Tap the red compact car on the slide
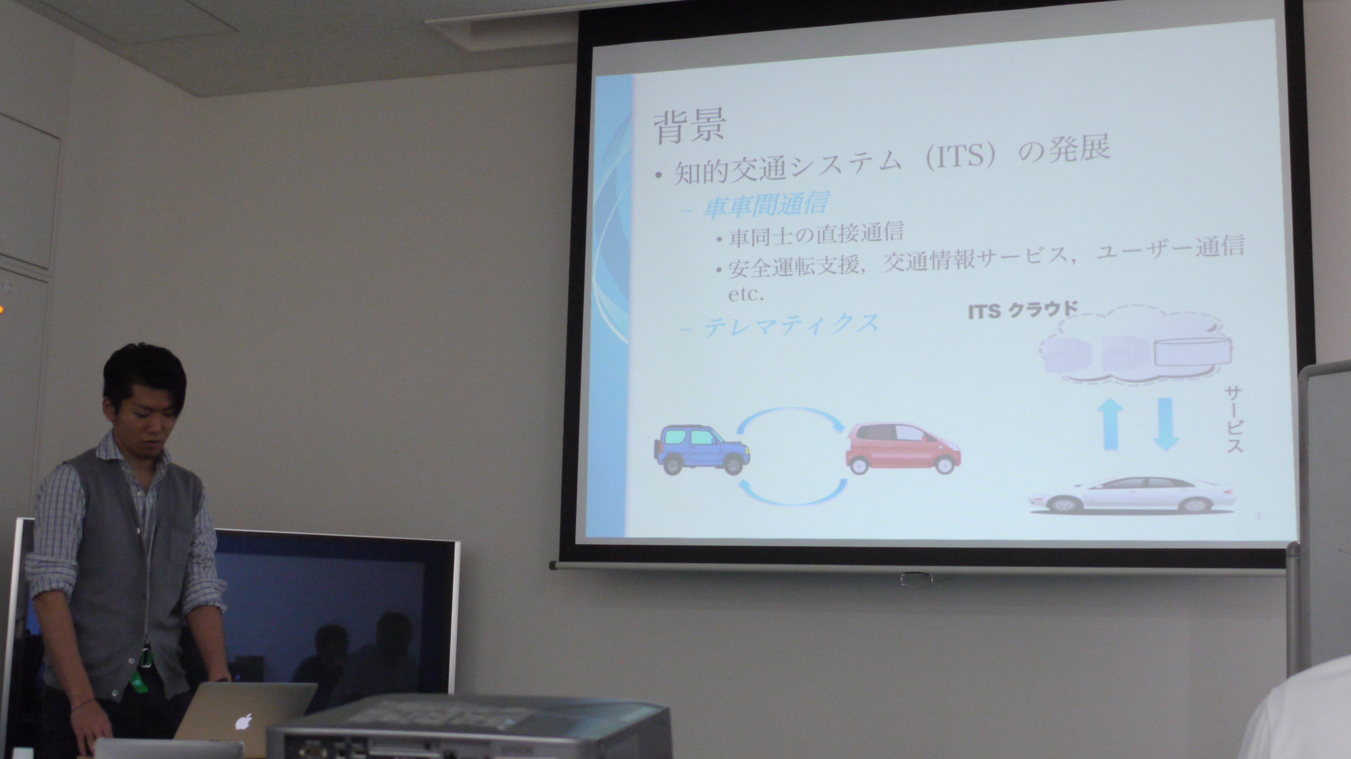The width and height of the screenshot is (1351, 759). click(902, 448)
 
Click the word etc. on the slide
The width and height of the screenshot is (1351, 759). click(746, 294)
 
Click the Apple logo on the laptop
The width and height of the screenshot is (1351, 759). click(243, 722)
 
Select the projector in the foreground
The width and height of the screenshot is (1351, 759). click(469, 729)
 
